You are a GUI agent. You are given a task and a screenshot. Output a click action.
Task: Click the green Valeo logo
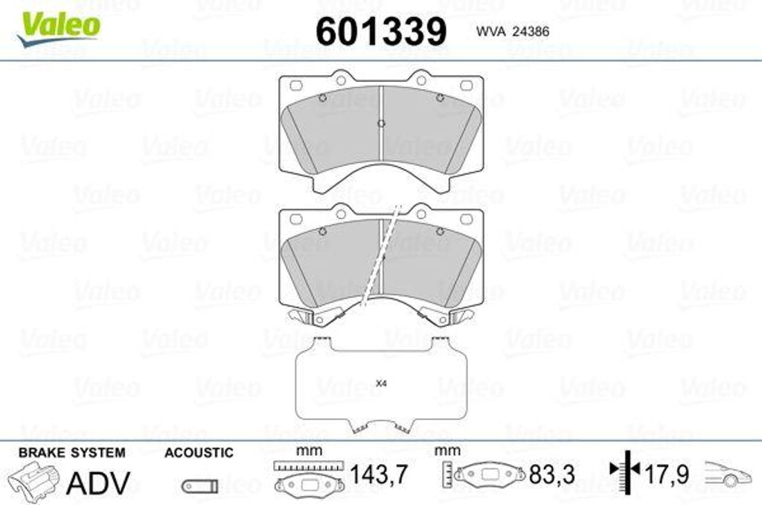(58, 28)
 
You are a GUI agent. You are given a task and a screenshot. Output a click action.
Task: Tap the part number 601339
(381, 31)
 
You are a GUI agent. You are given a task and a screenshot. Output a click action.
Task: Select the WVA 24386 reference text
(513, 31)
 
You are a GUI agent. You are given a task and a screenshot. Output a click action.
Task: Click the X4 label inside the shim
(382, 384)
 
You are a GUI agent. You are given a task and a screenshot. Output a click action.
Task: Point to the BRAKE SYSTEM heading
(72, 452)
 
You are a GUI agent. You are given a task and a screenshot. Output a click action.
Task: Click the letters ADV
(98, 483)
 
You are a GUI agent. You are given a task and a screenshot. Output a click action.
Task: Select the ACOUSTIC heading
(199, 452)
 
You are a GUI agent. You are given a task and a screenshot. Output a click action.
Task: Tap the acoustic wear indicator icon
(199, 486)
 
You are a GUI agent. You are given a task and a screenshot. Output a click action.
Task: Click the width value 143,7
(379, 474)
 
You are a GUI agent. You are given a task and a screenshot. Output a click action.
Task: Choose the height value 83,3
(552, 474)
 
